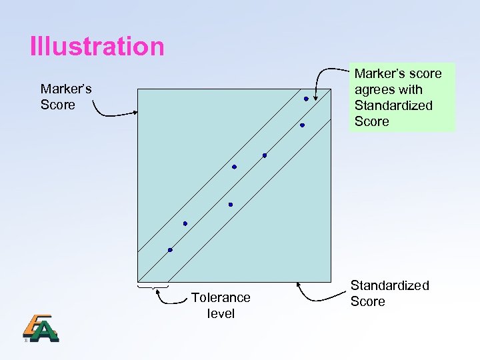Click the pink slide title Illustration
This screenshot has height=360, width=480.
point(97,47)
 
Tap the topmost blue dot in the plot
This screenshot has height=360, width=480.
point(306,99)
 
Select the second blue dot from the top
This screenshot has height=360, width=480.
point(302,125)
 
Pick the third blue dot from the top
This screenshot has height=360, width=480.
point(265,156)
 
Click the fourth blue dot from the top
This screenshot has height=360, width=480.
point(234,167)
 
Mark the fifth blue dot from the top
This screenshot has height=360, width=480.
point(230,205)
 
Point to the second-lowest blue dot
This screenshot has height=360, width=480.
point(185,223)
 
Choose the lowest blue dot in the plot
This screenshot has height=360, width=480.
point(170,250)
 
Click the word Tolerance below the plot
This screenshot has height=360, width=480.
point(221,297)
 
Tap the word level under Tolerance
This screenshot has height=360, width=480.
point(221,313)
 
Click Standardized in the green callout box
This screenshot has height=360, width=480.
point(393,105)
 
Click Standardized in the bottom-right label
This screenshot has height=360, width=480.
point(389,285)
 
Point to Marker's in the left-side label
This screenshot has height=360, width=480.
point(66,89)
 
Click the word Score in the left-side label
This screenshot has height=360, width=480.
point(58,105)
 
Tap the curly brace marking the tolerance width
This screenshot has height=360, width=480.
point(153,288)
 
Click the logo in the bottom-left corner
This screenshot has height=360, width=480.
point(40,328)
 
